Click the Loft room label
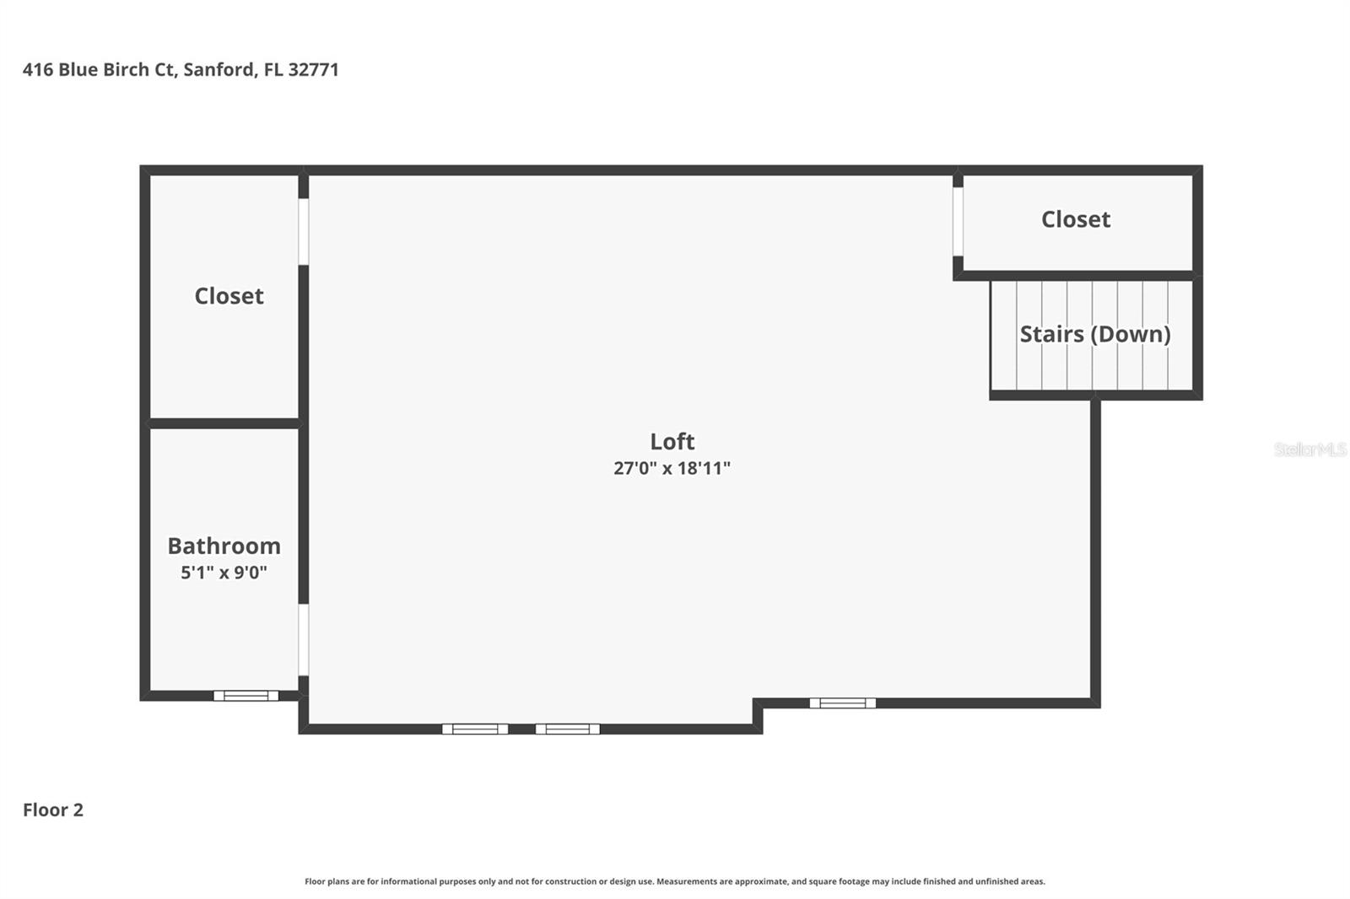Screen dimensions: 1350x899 point(672,442)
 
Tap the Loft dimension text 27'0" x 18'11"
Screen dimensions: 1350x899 point(672,468)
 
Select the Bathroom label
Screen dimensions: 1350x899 point(224,546)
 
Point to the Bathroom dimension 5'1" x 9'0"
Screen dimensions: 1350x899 point(224,572)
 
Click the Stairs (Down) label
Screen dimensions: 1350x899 point(1095,335)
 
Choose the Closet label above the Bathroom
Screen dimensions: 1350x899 point(229,296)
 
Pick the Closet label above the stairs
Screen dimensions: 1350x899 point(1076,219)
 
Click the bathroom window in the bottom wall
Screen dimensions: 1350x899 point(246,696)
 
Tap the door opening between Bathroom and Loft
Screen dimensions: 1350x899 point(304,640)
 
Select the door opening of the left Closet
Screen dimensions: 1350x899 point(304,231)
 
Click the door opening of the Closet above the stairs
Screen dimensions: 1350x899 point(958,222)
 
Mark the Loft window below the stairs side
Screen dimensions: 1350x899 point(843,703)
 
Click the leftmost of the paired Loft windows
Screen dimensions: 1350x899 point(475,729)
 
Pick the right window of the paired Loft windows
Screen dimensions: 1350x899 point(568,729)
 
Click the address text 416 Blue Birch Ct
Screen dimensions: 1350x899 point(99,70)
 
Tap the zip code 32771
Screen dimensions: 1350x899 point(313,70)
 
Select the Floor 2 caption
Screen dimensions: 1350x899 point(53,810)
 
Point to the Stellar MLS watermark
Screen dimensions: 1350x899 point(1310,449)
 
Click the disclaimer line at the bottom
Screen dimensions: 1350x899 point(675,881)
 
